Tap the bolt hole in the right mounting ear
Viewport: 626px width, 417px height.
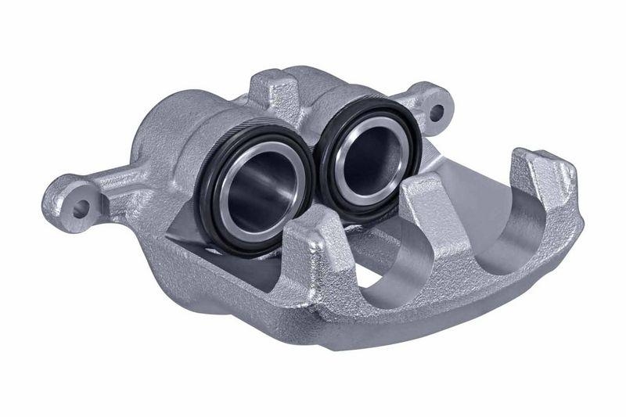[436, 112]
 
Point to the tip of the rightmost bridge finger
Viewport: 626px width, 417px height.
[535, 161]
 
